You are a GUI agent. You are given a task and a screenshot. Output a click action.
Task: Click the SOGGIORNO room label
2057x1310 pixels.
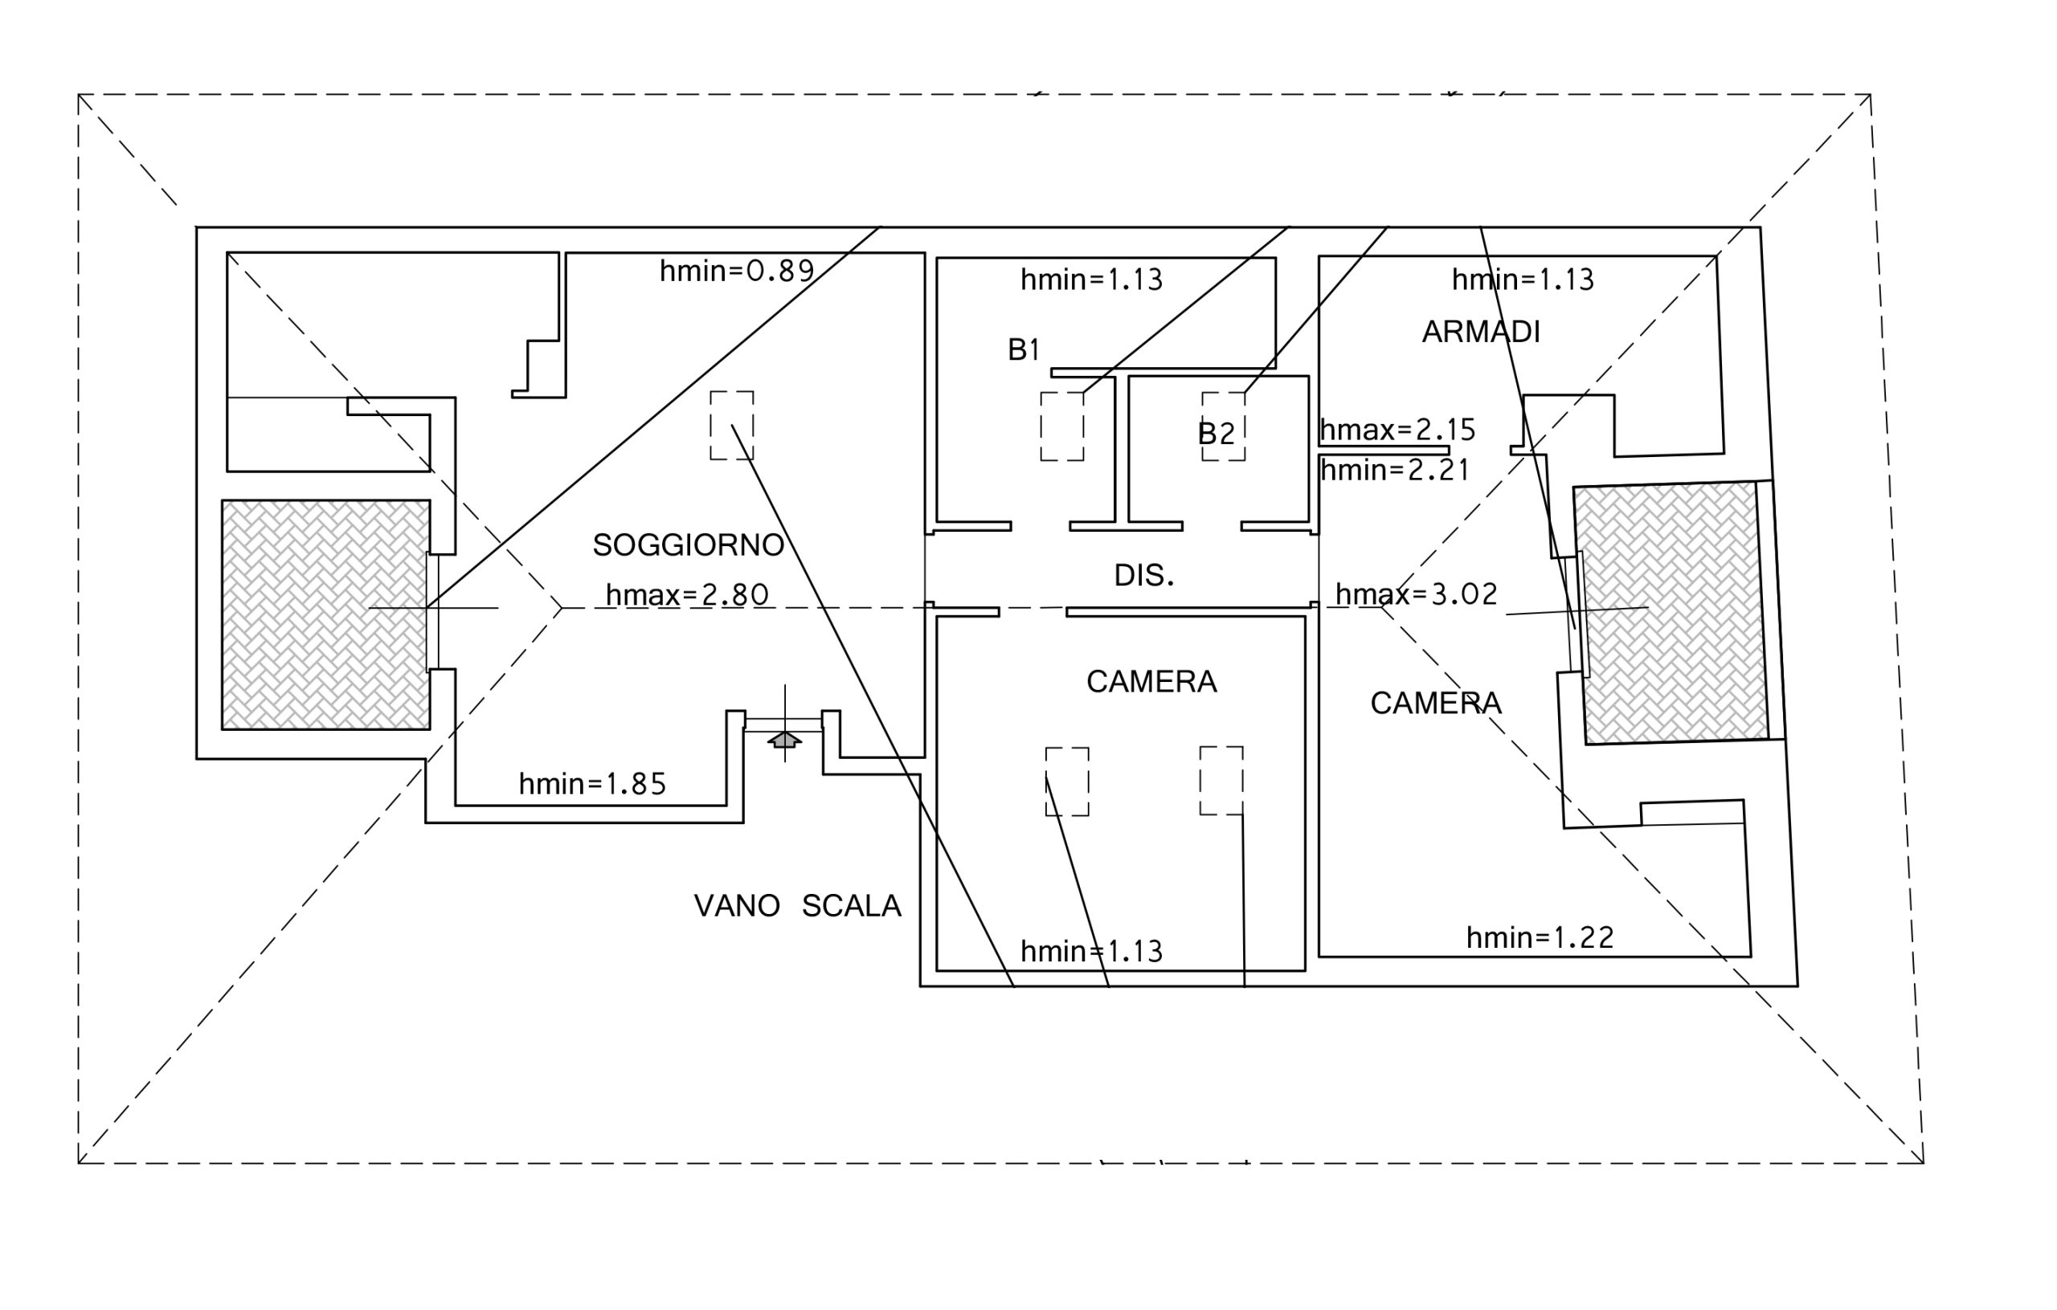pos(688,545)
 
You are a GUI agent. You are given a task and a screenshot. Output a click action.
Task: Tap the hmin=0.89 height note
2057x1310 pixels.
pos(736,271)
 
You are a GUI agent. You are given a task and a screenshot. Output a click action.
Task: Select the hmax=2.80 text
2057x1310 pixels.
pos(687,594)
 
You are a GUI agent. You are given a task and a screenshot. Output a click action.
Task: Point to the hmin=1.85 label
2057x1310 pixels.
pos(592,784)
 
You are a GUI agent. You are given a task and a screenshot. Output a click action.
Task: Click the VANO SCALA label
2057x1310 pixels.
pos(797,905)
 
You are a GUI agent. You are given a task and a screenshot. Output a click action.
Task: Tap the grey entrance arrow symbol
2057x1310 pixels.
pos(784,740)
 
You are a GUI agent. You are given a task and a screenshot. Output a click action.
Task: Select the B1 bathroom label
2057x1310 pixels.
pos(1024,349)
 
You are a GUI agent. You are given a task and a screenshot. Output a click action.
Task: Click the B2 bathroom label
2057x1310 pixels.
pos(1216,434)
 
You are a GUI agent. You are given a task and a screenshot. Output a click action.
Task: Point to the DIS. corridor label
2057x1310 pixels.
pos(1144,576)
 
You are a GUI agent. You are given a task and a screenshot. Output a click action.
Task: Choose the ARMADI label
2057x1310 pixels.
pos(1480,332)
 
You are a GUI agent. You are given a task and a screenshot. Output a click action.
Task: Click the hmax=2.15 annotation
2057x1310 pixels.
pos(1397,430)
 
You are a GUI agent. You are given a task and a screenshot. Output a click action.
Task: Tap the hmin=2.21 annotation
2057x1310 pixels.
pos(1394,470)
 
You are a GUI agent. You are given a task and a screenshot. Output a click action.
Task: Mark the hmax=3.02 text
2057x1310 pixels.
pos(1417,594)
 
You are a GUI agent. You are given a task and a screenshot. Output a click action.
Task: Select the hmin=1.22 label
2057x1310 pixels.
pos(1540,937)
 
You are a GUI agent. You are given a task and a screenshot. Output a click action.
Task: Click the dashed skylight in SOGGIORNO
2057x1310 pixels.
pos(731,425)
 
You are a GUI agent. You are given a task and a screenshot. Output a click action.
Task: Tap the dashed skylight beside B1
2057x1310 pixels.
pos(1061,426)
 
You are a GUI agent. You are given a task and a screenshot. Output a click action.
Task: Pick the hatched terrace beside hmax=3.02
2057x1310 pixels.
pos(1670,612)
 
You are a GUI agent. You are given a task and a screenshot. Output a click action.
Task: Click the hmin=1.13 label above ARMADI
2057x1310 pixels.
pos(1522,280)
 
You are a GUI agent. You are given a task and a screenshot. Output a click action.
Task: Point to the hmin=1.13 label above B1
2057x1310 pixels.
pos(1091,280)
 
